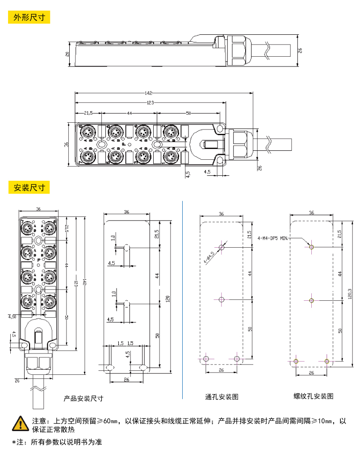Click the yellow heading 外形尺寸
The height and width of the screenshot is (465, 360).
(29, 17)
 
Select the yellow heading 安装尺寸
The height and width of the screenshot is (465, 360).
(29, 187)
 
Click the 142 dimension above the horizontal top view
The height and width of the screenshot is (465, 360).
(148, 93)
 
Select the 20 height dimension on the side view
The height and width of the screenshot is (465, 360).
(67, 54)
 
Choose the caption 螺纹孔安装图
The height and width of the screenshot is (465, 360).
(313, 396)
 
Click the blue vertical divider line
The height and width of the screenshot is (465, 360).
(183, 299)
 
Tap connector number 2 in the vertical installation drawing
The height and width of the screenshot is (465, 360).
(54, 295)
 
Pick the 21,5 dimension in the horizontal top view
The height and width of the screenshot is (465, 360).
(88, 113)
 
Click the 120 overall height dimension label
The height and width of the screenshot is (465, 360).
(168, 299)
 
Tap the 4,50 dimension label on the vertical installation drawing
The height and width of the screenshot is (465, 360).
(12, 316)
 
